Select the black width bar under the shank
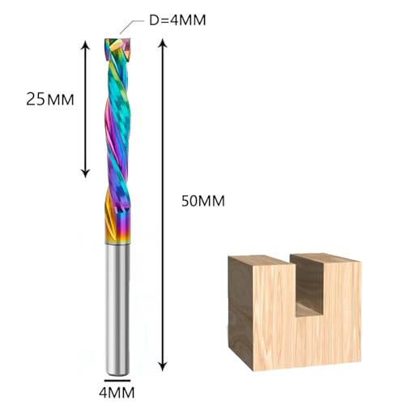117,377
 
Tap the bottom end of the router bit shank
118,364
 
